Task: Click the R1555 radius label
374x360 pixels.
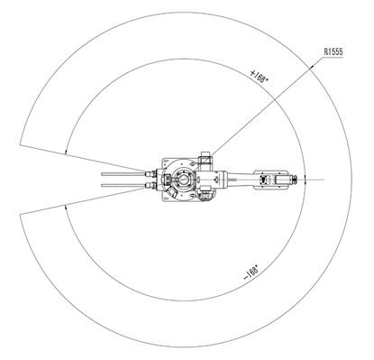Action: [333, 51]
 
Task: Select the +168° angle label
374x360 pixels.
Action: [259, 77]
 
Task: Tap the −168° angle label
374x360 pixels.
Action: [251, 272]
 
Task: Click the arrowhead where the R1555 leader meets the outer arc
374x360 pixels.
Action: [312, 67]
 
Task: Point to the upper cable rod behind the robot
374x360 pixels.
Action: [123, 174]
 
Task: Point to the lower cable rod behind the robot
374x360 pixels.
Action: [123, 185]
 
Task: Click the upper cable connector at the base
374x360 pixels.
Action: [151, 174]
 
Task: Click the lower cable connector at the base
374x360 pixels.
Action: [151, 185]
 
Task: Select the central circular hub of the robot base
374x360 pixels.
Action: [183, 180]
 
